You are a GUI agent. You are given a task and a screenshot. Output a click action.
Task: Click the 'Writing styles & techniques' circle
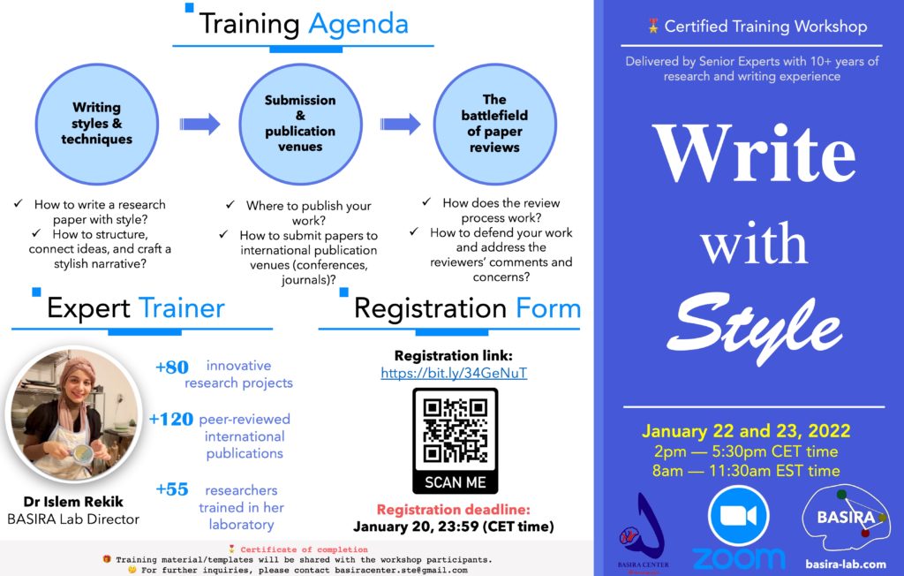(97, 124)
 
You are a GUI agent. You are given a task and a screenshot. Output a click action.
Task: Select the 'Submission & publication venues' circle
(300, 124)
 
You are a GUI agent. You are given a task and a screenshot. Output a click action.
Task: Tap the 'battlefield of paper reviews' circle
(494, 124)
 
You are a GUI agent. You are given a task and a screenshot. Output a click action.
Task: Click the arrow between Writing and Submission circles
(200, 124)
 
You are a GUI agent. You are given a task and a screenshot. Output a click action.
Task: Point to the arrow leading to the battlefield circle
(400, 124)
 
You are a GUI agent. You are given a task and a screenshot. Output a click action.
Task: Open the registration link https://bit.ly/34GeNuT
(454, 373)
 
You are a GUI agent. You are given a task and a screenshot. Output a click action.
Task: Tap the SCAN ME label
(455, 482)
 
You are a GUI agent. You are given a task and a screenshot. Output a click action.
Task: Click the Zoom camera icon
(739, 515)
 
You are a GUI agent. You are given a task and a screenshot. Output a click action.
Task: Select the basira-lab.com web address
(845, 564)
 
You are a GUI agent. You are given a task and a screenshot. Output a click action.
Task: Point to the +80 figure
(172, 368)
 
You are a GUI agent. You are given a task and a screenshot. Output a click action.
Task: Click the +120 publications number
(170, 419)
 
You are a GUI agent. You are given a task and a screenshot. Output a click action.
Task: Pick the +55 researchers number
(172, 489)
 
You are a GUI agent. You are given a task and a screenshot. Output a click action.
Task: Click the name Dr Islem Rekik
(73, 502)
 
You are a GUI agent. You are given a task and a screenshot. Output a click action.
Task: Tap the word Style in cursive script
(754, 327)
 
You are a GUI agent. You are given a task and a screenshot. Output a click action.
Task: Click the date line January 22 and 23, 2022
(746, 430)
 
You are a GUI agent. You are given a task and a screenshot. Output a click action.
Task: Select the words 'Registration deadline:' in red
(453, 510)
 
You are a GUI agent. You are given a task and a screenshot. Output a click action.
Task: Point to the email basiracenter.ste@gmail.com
(401, 570)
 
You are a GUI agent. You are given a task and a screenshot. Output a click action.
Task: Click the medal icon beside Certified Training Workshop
(653, 26)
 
